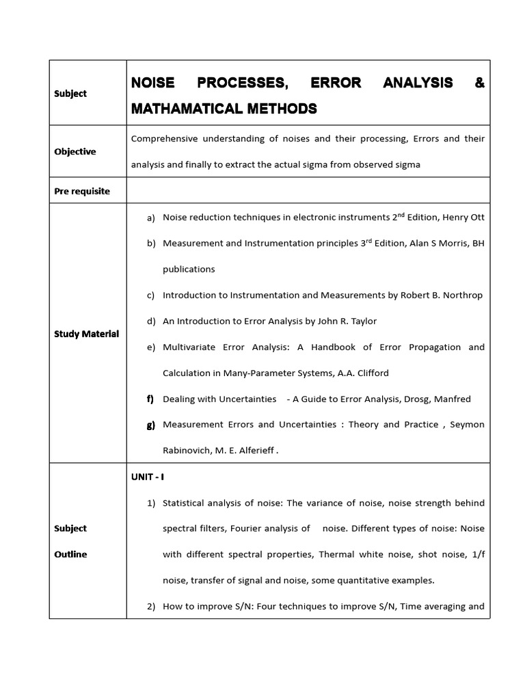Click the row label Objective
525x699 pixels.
click(75, 152)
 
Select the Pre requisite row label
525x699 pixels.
click(82, 191)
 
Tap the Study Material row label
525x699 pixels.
click(87, 334)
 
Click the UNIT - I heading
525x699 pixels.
click(148, 477)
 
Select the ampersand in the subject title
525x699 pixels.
click(479, 83)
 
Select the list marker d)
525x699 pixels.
click(151, 321)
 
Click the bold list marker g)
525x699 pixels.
click(151, 425)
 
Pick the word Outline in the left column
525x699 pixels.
click(70, 554)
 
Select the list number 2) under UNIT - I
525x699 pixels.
click(152, 606)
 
